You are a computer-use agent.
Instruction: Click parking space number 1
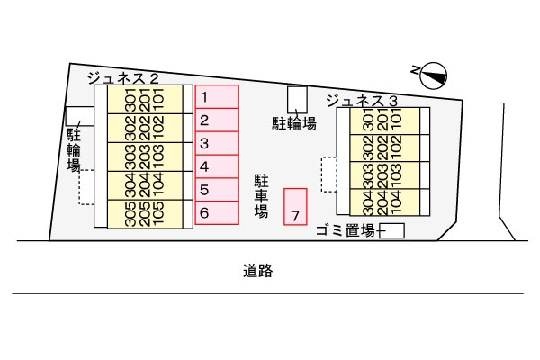click(217, 96)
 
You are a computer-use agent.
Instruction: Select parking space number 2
click(217, 120)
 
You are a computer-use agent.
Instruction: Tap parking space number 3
click(217, 143)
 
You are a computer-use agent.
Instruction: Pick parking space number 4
click(217, 166)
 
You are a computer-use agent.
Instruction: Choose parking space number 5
click(217, 190)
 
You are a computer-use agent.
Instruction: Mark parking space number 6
click(217, 213)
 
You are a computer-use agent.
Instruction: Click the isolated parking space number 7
click(295, 206)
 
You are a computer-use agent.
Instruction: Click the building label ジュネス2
click(123, 79)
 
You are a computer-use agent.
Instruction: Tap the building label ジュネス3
click(362, 99)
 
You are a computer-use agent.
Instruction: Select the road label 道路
click(257, 269)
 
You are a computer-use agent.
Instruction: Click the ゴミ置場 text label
click(345, 231)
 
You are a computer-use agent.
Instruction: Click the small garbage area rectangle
click(391, 231)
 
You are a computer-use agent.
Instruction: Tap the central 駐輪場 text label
click(294, 123)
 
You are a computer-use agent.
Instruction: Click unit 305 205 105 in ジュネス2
click(144, 212)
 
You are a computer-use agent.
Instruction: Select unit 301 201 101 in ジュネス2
click(144, 99)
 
